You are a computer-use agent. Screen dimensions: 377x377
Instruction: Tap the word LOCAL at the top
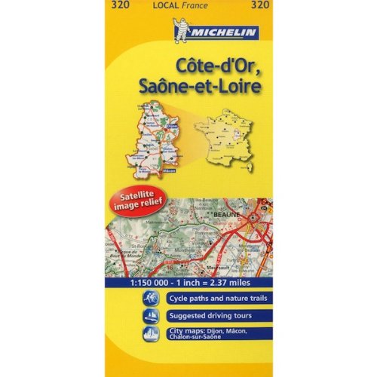[163, 7]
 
